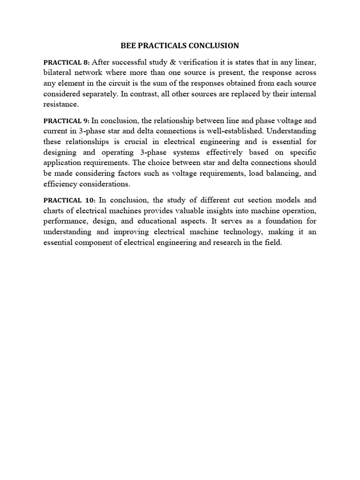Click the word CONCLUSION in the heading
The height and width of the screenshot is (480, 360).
215,45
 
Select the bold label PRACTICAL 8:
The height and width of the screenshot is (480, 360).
67,62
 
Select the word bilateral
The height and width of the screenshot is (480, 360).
58,73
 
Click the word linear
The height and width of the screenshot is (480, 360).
304,62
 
